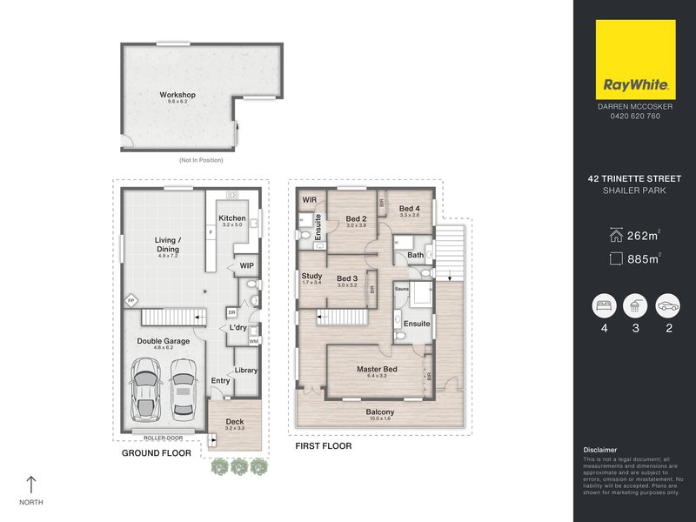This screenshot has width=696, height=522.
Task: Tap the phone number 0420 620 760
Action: (x=635, y=116)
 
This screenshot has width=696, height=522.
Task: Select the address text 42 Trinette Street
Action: (x=635, y=180)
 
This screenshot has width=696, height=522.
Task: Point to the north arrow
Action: (x=32, y=485)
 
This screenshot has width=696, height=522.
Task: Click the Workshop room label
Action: (x=177, y=95)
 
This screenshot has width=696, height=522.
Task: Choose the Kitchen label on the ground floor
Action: (x=232, y=218)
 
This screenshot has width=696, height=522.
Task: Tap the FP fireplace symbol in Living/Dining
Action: (x=131, y=300)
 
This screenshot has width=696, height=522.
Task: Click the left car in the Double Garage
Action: (x=144, y=389)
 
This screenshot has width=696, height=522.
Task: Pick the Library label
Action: (x=246, y=370)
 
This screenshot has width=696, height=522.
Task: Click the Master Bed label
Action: (x=377, y=370)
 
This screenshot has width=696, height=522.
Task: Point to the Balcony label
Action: (x=379, y=412)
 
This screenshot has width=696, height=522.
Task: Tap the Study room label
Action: (x=311, y=277)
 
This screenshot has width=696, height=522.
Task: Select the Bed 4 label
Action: (x=409, y=209)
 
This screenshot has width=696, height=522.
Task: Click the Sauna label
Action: (x=402, y=288)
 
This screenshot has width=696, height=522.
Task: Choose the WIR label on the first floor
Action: (x=309, y=199)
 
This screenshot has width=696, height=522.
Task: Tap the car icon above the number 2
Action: (x=667, y=305)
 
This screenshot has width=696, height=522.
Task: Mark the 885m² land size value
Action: (x=644, y=258)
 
